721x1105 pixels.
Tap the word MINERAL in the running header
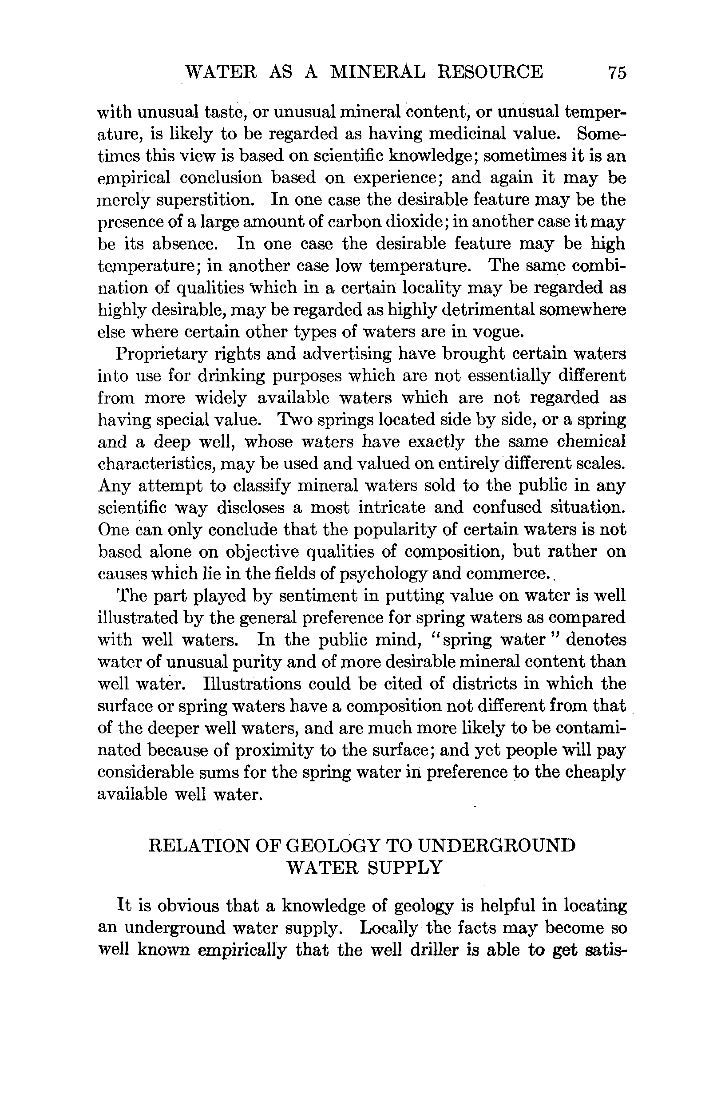click(377, 72)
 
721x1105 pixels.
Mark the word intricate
click(392, 507)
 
